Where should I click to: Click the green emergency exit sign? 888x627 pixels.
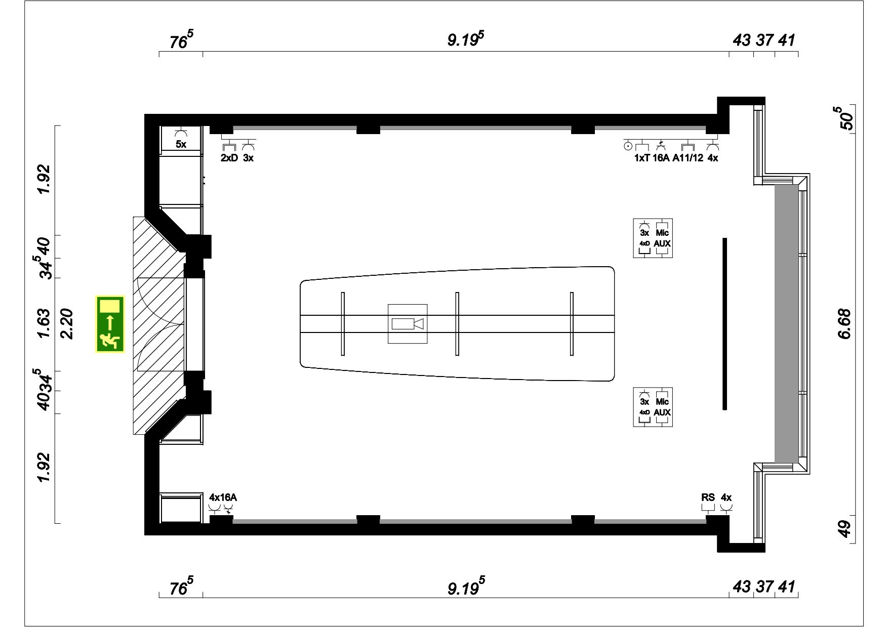(x=110, y=324)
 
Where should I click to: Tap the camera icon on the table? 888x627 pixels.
(x=408, y=324)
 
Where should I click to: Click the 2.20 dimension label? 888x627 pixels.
(x=67, y=324)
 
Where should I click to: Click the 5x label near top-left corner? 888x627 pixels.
(x=181, y=145)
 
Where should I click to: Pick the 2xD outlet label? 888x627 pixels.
(x=229, y=158)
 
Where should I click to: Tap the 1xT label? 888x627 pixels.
(x=641, y=158)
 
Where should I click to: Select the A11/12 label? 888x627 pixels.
(x=688, y=158)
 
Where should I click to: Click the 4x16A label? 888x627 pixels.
(x=223, y=497)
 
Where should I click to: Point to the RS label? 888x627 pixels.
(x=708, y=497)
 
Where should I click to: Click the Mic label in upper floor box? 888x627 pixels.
(x=662, y=233)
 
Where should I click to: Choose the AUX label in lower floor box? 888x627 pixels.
(x=662, y=412)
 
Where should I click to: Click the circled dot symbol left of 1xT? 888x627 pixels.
(x=628, y=146)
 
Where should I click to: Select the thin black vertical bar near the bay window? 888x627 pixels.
(x=724, y=323)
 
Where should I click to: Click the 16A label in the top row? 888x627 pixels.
(x=661, y=158)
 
